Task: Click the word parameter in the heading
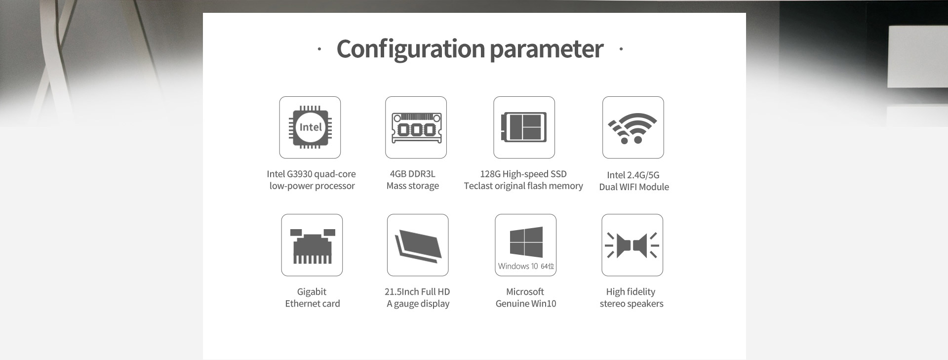point(547,49)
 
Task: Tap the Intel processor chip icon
point(310,127)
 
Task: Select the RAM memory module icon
point(416,128)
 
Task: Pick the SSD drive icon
point(524,127)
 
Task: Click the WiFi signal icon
point(632,128)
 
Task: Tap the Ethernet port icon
point(312,246)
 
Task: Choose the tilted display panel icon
point(418,245)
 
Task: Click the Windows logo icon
point(526,242)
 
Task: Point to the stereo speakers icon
point(632,245)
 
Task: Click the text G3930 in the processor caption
point(298,174)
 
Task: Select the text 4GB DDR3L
point(413,174)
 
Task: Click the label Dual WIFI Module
point(634,187)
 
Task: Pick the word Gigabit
point(312,292)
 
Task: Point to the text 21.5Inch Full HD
point(417,292)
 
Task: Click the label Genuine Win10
point(526,304)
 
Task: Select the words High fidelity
point(631,292)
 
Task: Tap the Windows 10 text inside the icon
point(518,266)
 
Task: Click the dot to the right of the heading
point(621,49)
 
